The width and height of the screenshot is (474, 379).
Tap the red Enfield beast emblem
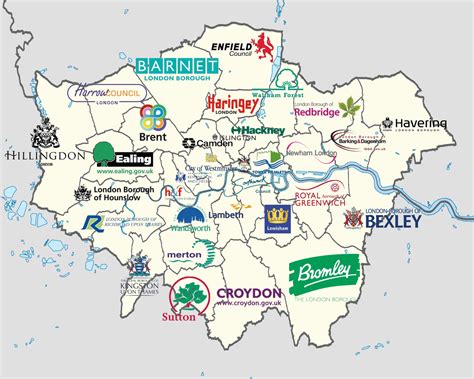(265, 45)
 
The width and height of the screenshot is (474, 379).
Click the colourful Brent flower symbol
(152, 115)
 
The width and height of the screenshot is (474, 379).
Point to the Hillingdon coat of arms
(44, 134)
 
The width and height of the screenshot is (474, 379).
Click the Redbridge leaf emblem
(348, 107)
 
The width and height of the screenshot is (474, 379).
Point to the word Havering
(412, 122)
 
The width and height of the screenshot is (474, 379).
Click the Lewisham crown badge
(277, 217)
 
